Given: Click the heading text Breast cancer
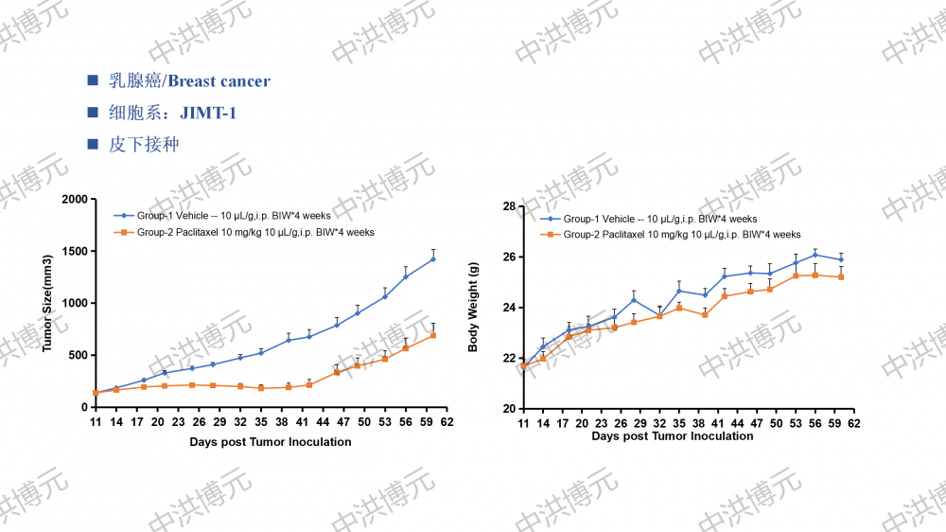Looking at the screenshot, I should pos(219,81).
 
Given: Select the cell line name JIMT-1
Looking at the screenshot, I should pos(208,113).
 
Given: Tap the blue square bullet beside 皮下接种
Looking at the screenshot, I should pos(92,145).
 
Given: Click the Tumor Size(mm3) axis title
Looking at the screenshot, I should pos(46,303).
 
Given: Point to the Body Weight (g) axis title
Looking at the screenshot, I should pos(474,308).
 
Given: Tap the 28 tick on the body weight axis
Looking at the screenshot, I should pos(508,206).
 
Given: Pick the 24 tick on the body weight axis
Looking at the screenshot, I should pos(508,308).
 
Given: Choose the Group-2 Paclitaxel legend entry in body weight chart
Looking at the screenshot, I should pos(682,235).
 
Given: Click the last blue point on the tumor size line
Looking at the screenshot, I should pos(433,258).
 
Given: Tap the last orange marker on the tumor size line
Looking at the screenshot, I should pos(433,335).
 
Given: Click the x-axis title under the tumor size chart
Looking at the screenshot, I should pos(270,442).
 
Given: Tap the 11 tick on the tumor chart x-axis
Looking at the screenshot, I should pos(95,421).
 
